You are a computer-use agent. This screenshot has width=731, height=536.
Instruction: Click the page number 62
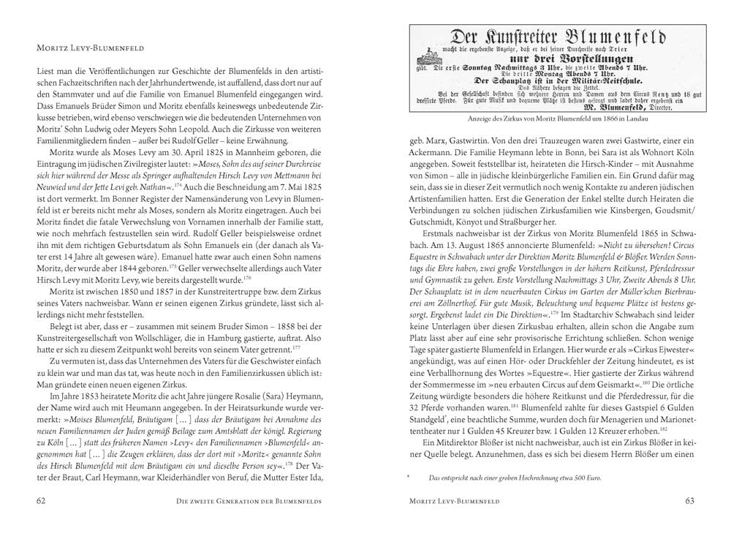click(x=42, y=501)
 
